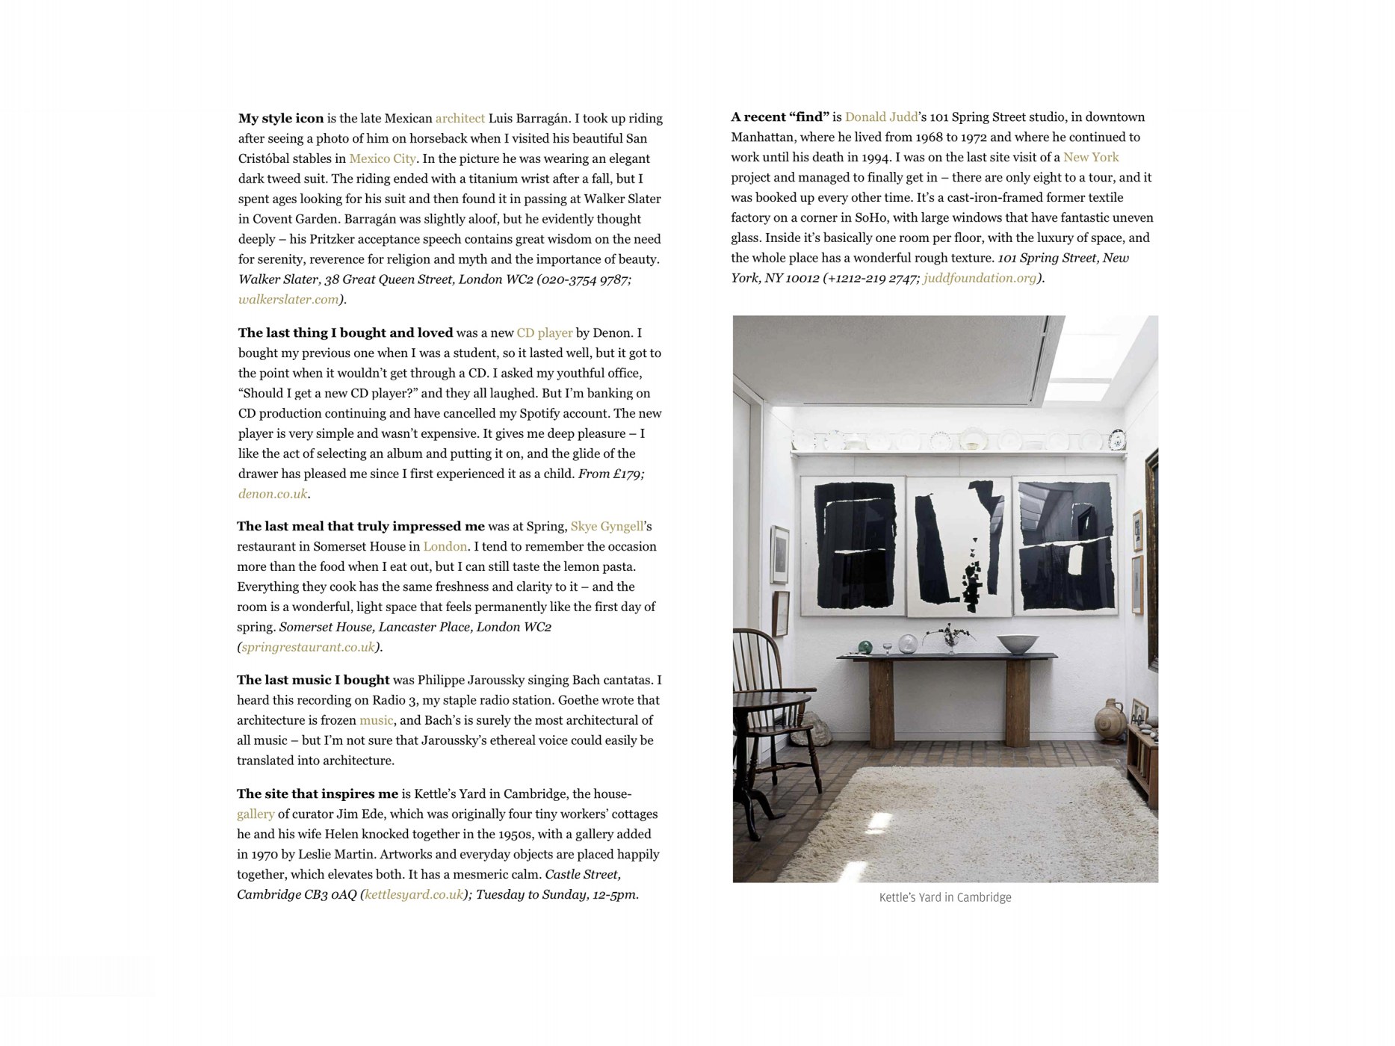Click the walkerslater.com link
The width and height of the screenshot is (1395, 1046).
(288, 300)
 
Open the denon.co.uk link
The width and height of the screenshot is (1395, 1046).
(273, 494)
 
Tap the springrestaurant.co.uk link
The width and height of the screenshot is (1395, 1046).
(308, 647)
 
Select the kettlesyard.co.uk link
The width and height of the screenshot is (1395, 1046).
(413, 894)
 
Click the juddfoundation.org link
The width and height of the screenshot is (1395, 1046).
(980, 278)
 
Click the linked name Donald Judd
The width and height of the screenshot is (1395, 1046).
(881, 117)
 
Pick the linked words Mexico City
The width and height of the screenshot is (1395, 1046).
(382, 158)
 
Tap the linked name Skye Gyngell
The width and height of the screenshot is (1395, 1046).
(606, 526)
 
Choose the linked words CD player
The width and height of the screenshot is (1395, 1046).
(544, 333)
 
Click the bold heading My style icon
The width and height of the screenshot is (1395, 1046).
(281, 118)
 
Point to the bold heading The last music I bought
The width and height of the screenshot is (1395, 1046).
(313, 680)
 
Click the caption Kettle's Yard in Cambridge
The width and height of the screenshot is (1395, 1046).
(944, 897)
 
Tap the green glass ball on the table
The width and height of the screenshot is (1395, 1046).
(864, 647)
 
